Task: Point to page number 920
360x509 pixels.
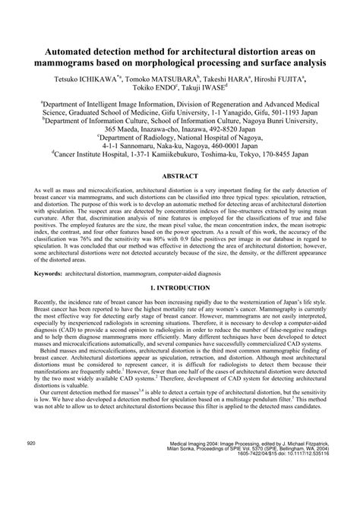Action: click(x=31, y=482)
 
